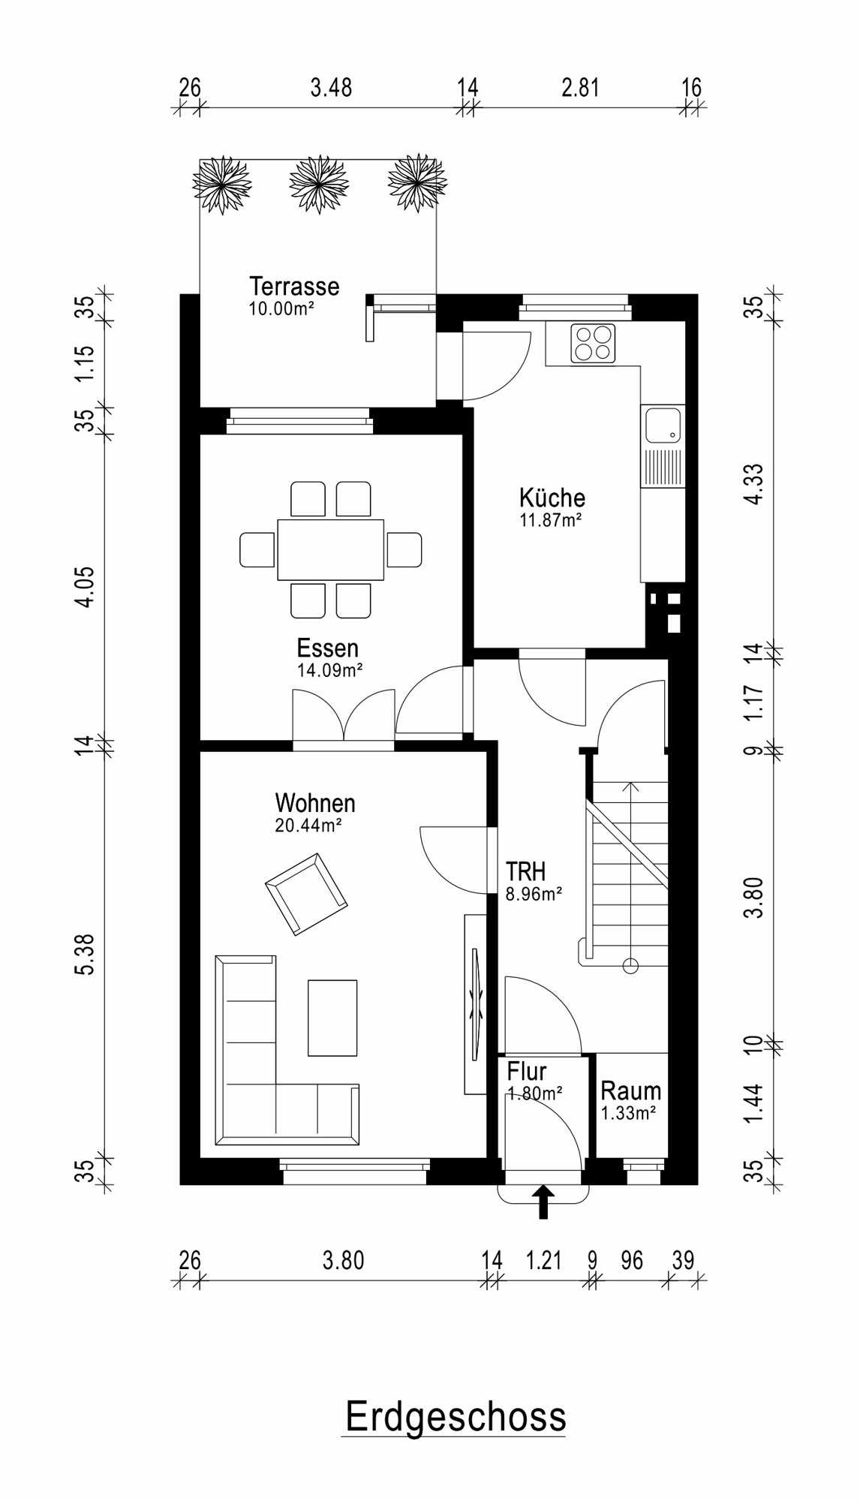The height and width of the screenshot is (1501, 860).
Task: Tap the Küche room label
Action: tap(552, 497)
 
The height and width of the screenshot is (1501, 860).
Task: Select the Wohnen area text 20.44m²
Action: tap(308, 826)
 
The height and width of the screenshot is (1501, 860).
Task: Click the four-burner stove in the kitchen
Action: tap(592, 343)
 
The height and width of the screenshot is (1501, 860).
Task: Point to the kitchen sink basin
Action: tap(663, 425)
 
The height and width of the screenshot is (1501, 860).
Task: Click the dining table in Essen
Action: tap(331, 549)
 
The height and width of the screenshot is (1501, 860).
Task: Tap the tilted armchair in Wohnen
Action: tap(306, 894)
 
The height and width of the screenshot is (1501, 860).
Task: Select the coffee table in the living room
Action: tap(332, 1018)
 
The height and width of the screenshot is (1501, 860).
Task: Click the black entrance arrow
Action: tap(543, 1202)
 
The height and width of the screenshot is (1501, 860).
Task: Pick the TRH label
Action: tap(525, 871)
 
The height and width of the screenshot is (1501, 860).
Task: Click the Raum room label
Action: tap(630, 1090)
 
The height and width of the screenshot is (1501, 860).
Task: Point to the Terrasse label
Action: tap(294, 286)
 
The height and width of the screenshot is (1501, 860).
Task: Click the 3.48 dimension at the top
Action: tap(331, 88)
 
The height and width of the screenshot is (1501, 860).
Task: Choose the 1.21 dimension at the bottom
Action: tap(543, 1260)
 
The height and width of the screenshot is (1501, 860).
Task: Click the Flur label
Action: tap(526, 1071)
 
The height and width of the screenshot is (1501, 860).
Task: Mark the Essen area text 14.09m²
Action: tap(329, 670)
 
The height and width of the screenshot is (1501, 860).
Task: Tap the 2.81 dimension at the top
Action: tap(580, 88)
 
